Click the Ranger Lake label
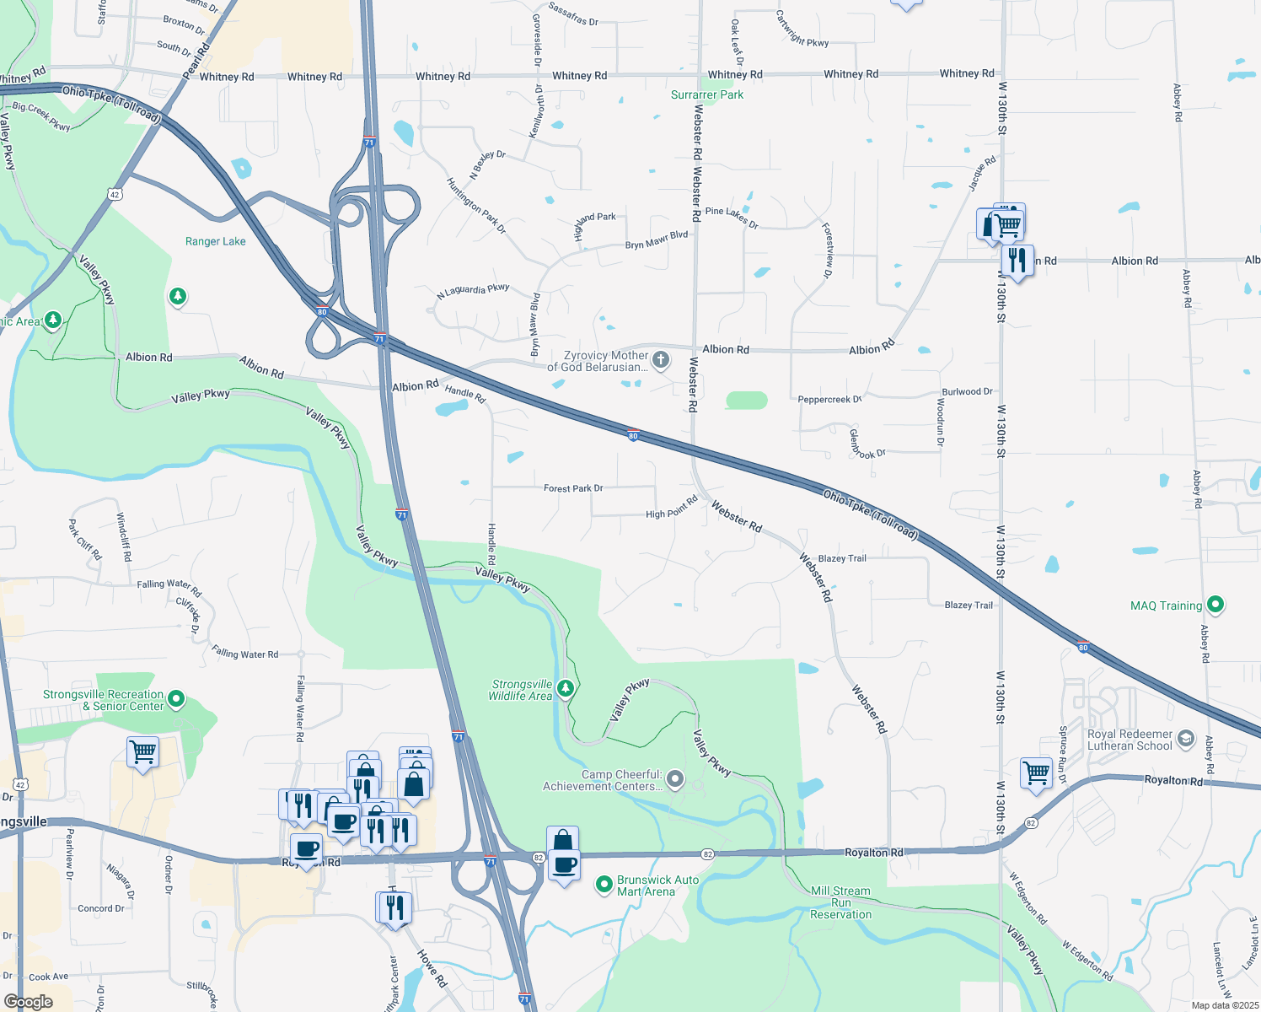(215, 241)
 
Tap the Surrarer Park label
(706, 94)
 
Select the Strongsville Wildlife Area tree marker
(566, 688)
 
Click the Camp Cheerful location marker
(675, 779)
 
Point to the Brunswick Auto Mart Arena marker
(604, 885)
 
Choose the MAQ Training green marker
(1215, 605)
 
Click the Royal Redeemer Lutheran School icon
(1186, 740)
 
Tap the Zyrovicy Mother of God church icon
(661, 360)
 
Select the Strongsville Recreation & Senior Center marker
(176, 698)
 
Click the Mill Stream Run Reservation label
(840, 902)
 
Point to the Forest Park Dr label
(573, 488)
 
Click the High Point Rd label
(672, 508)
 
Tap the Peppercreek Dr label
(829, 400)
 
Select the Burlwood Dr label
(967, 392)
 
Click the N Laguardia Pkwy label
(473, 291)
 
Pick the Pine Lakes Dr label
(732, 217)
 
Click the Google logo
(28, 1002)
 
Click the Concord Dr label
(101, 908)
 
